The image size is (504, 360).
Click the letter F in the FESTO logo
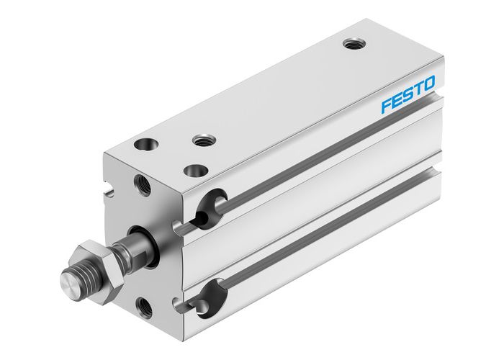(387, 106)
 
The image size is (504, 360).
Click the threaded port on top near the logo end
(353, 45)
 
